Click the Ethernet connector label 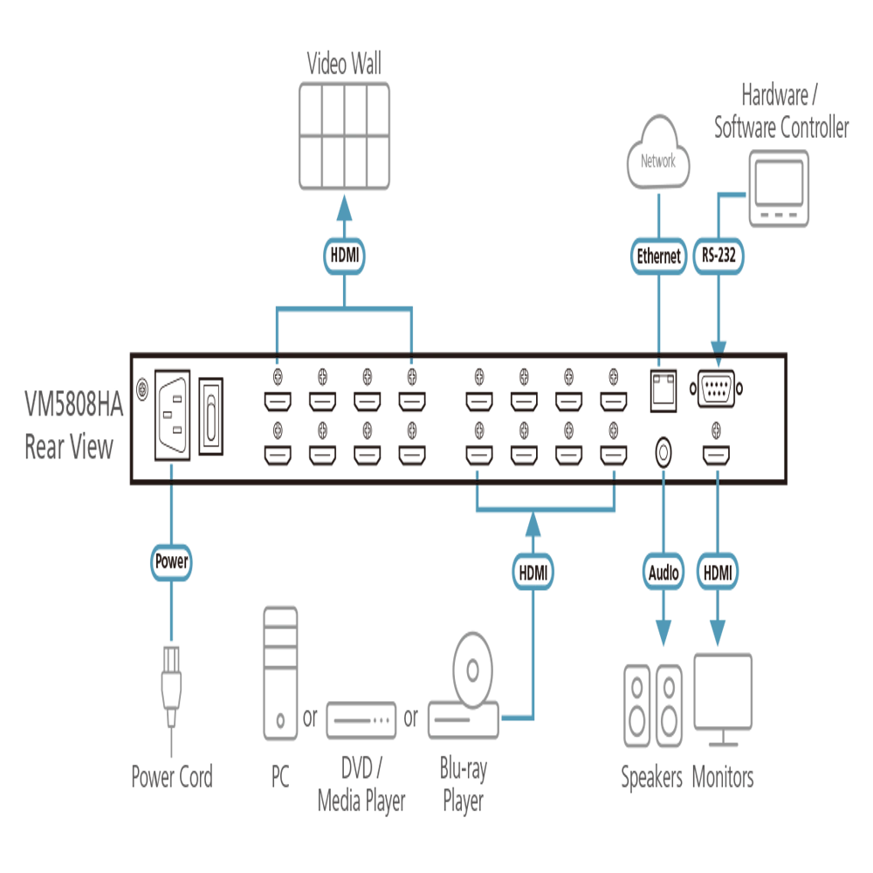(x=658, y=256)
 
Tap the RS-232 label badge (x=718, y=256)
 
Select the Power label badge (x=171, y=561)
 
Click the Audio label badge (x=663, y=572)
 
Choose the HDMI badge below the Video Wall (x=344, y=256)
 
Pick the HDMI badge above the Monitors (x=718, y=572)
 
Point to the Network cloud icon (x=658, y=153)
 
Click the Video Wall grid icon (x=344, y=136)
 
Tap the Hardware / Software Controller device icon (x=779, y=189)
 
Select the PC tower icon (x=280, y=673)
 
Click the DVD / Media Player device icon (x=361, y=720)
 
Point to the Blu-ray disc (x=472, y=670)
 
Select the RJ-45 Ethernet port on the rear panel (x=663, y=390)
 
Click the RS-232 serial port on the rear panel (x=716, y=388)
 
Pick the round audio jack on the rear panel (x=663, y=453)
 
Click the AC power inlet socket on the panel (x=172, y=415)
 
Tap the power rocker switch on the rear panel (x=211, y=416)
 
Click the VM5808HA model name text (x=73, y=403)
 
